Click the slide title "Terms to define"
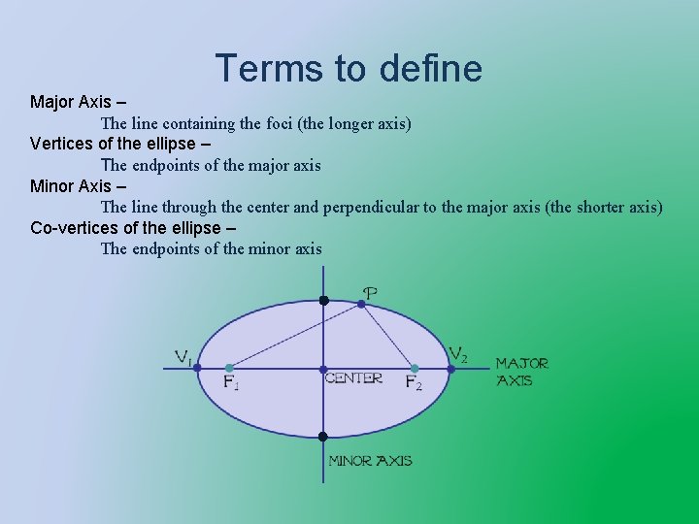349,69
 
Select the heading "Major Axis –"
79,102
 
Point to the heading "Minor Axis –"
78,185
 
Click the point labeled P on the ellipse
362,304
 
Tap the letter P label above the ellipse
370,291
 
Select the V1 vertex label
183,357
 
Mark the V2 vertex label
458,354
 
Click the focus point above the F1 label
229,368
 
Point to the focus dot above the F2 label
415,368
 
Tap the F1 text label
231,382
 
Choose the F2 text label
414,382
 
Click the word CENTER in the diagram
354,378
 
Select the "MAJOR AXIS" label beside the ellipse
522,371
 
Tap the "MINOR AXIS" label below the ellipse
370,461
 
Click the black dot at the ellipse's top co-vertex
324,301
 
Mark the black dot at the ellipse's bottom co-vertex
324,437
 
